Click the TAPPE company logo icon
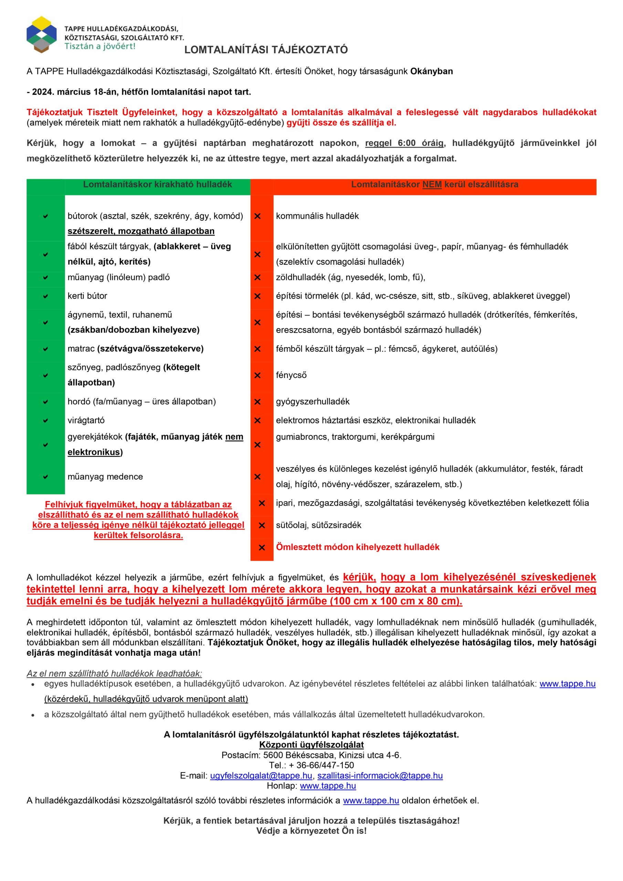[41, 35]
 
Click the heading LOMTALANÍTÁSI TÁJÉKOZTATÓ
[266, 50]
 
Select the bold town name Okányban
[432, 71]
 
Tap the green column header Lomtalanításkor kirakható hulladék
[157, 184]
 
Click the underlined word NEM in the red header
[432, 184]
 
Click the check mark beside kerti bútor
[46, 296]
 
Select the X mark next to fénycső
[257, 375]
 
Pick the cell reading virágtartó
[86, 420]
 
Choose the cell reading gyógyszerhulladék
[313, 401]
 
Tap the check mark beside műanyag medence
[46, 477]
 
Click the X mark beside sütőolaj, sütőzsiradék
[262, 525]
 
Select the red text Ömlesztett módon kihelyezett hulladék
[357, 547]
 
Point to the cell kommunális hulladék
[317, 216]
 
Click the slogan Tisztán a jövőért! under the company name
[100, 46]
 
